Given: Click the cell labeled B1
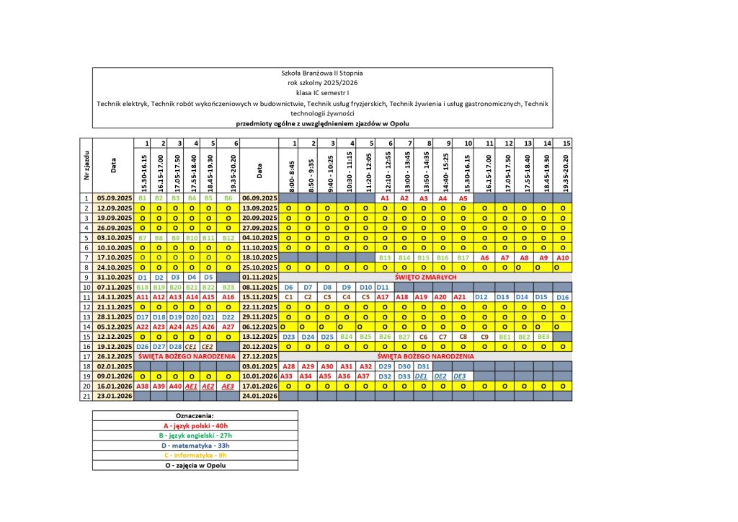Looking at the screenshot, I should [142, 198].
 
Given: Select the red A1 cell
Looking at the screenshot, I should [385, 198].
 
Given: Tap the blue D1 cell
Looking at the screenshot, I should [142, 277].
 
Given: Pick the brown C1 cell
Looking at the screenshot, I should [288, 296].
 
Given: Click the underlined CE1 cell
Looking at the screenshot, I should [191, 346].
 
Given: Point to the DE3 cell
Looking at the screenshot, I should [460, 376].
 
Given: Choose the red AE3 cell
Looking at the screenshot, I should [228, 386].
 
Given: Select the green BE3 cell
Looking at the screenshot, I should [543, 336].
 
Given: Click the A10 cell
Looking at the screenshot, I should [563, 257].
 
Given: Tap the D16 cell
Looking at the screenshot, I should [563, 297].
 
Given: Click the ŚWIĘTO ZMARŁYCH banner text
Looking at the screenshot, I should [424, 277].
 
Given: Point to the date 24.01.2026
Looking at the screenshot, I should [259, 396].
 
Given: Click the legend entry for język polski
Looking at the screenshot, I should [195, 425].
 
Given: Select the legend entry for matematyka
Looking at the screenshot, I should [195, 446].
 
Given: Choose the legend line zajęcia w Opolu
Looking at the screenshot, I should [195, 466].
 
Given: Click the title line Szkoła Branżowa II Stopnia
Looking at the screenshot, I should [322, 73].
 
